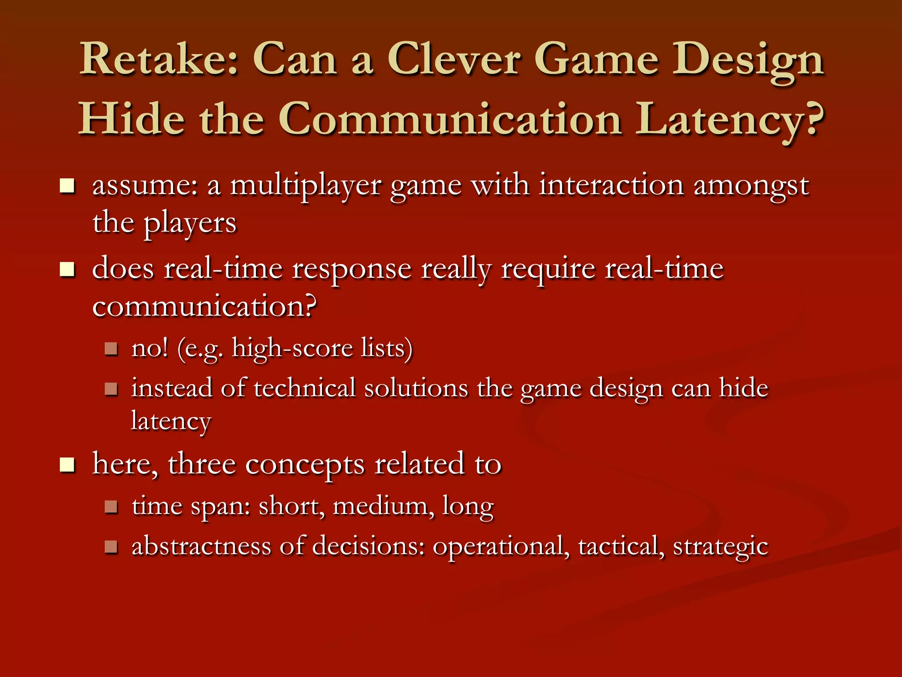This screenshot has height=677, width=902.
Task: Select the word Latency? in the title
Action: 729,120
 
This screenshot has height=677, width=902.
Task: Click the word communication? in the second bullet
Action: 204,307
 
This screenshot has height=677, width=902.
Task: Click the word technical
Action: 305,389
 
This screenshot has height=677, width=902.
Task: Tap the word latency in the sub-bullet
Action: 171,421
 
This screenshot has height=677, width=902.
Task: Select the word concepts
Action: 304,465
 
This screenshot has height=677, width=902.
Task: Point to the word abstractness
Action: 201,547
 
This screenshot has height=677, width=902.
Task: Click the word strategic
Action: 721,547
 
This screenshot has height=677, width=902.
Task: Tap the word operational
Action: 498,547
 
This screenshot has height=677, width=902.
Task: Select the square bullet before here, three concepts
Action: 67,465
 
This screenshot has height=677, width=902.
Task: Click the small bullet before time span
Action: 111,506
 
